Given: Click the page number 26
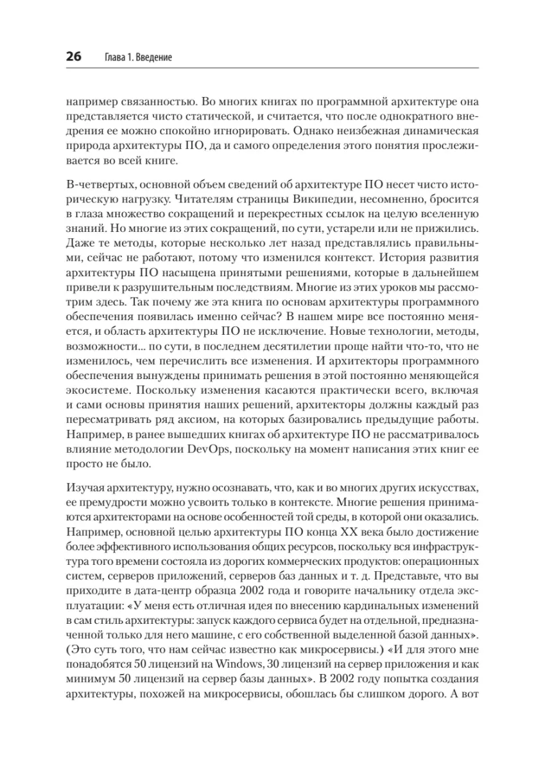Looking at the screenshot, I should point(72,57).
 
